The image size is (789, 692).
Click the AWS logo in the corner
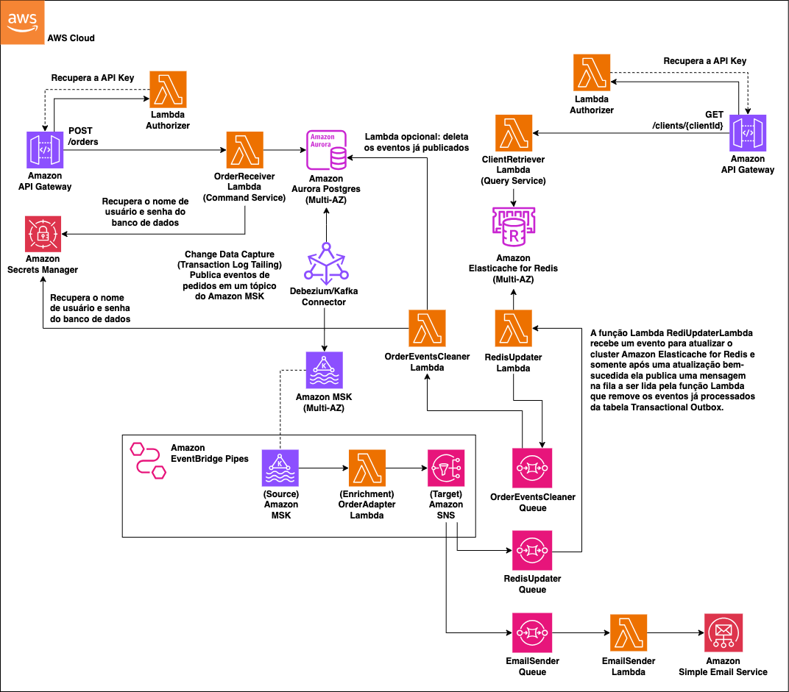point(22,22)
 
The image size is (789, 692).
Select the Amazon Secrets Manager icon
point(44,235)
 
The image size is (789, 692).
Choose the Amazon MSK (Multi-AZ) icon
point(325,369)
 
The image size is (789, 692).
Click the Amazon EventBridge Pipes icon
point(147,460)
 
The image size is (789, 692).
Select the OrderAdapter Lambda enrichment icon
point(367,468)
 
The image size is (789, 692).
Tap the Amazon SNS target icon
point(446,468)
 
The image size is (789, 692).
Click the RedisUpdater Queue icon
point(532,549)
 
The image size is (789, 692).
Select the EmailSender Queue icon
point(532,632)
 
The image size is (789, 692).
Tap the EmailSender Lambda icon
point(629,632)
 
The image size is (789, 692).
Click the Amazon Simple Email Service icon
point(722,632)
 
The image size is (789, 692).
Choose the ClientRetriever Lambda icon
point(513,133)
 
